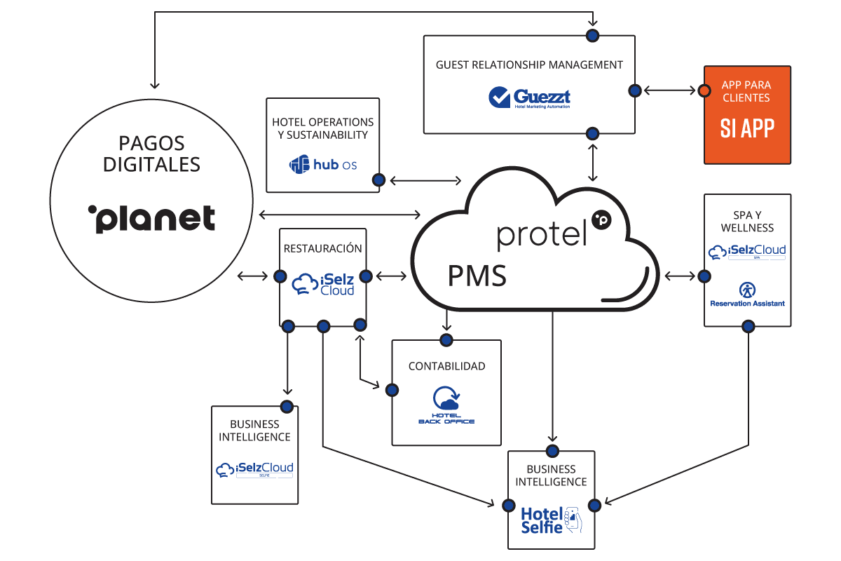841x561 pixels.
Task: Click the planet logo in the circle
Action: click(x=151, y=218)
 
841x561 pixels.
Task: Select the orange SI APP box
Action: click(x=747, y=115)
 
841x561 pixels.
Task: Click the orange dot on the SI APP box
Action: click(x=704, y=90)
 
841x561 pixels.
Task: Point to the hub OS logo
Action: click(x=323, y=165)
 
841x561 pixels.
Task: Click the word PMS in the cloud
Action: click(x=477, y=276)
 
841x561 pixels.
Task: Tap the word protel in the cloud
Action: click(x=542, y=235)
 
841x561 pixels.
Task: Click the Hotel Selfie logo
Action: click(x=551, y=520)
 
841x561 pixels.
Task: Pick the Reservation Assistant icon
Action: click(x=747, y=290)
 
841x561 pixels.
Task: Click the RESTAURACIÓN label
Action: click(x=323, y=248)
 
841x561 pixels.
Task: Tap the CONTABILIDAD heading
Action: click(x=446, y=366)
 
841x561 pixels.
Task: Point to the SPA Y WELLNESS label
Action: click(x=747, y=221)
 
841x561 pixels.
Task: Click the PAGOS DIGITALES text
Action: click(x=151, y=154)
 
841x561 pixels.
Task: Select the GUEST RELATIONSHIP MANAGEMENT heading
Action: click(x=529, y=65)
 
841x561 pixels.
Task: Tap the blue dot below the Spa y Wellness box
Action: click(x=748, y=326)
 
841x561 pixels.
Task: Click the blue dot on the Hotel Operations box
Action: click(x=378, y=180)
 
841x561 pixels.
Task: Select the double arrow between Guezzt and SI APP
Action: click(x=669, y=90)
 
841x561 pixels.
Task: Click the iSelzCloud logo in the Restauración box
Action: click(x=322, y=283)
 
